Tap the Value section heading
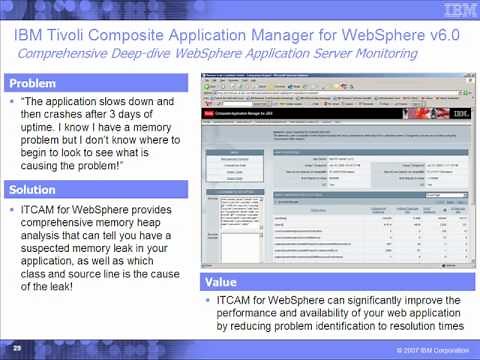223,282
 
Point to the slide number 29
17,347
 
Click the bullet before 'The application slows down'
11,102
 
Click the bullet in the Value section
208,300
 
